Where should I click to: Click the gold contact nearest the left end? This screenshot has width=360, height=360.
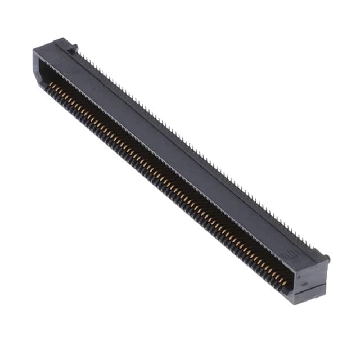coord(51,83)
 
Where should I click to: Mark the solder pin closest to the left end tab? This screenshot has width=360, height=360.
coord(79,53)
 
